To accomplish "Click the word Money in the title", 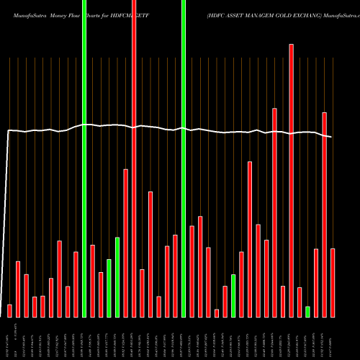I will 60,14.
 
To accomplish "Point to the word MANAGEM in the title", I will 258,14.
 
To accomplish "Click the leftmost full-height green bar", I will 84,158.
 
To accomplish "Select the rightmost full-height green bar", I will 184,158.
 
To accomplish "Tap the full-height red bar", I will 134,158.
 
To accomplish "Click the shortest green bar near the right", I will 307,312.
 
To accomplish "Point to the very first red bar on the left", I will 9,310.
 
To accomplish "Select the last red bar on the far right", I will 333,282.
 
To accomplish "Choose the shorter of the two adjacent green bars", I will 109,288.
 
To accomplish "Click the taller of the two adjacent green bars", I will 117,277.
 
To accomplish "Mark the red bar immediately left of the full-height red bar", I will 125,243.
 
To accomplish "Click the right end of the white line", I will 331,137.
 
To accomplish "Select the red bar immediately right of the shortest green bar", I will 316,282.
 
